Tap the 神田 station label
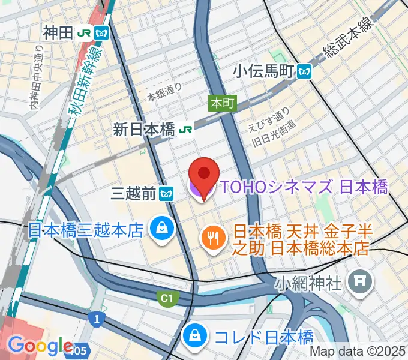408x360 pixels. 58,32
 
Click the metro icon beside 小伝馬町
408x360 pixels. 305,72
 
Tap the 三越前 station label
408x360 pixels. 134,193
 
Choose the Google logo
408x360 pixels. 40,346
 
